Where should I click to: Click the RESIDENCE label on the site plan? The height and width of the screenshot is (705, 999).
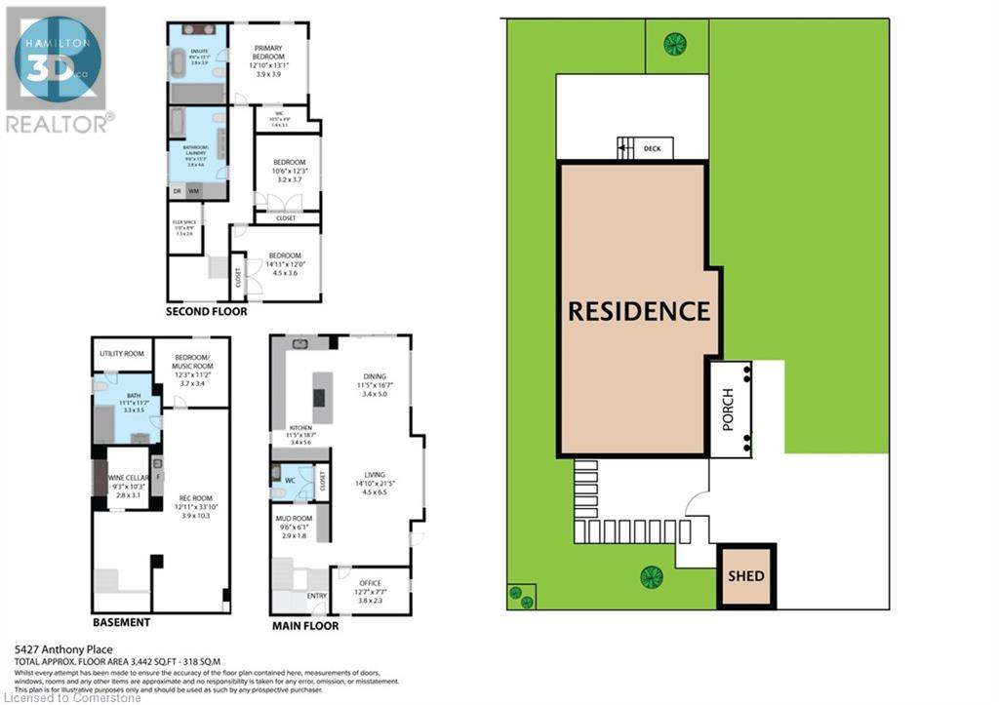click(639, 311)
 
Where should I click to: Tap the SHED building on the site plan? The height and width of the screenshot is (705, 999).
click(746, 575)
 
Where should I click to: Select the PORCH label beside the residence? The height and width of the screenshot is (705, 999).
click(727, 409)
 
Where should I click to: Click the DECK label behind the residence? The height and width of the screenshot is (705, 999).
click(653, 149)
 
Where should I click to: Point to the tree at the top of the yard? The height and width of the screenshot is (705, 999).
click(674, 42)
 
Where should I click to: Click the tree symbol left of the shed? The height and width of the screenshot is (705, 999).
click(651, 577)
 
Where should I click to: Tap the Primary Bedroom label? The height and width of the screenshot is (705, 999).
click(268, 59)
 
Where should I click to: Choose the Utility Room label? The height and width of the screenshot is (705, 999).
click(122, 353)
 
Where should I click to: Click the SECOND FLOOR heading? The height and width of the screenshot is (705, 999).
click(206, 312)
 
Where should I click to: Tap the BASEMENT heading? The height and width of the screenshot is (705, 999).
click(121, 622)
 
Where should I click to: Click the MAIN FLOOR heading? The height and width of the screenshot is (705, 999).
click(305, 625)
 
